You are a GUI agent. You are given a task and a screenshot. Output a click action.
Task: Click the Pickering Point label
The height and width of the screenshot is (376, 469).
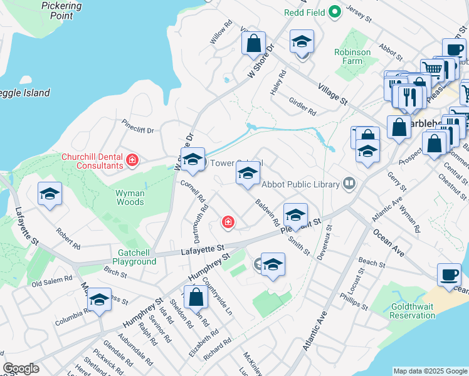(61, 10)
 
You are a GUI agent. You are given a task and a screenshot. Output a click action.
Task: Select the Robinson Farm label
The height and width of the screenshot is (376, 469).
(352, 57)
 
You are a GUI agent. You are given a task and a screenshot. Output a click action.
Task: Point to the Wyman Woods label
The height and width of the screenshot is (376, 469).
(130, 198)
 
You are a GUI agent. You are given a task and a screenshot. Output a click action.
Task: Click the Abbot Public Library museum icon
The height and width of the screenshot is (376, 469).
(349, 184)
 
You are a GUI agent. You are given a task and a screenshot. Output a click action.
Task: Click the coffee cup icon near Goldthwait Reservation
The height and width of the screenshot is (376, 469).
(449, 275)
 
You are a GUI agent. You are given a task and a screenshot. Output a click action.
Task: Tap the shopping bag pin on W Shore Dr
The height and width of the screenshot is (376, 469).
(254, 44)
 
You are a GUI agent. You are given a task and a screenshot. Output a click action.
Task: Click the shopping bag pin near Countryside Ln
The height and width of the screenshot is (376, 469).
(196, 297)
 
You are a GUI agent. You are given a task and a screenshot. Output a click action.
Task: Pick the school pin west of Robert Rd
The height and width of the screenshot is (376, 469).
(50, 194)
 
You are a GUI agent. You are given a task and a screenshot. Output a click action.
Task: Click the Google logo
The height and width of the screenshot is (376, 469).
(21, 368)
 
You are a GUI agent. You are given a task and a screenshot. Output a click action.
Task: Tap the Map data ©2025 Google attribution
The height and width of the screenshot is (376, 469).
(429, 371)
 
